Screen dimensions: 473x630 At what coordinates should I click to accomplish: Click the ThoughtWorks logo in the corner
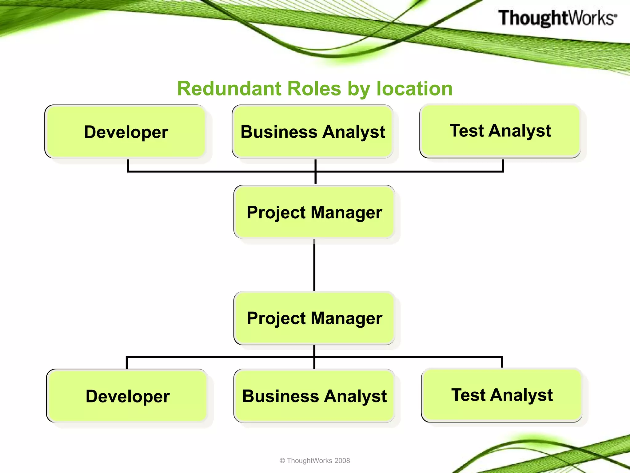coord(557,18)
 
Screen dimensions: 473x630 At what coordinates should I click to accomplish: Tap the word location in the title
coord(414,89)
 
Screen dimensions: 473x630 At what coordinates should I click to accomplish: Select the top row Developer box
coord(126,131)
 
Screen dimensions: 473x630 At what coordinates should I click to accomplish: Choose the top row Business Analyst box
coord(313,131)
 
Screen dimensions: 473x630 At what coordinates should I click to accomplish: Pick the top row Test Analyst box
coord(500,131)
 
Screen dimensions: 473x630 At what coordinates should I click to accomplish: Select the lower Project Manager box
coord(314,318)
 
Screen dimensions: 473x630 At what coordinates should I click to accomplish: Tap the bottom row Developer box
coord(127,396)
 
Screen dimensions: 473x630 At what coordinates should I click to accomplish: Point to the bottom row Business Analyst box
coord(314,396)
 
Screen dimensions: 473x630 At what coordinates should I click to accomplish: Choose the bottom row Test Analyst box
coord(502,395)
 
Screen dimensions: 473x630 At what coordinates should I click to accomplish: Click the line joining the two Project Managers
coord(314,265)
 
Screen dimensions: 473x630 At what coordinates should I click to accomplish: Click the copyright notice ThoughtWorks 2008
coord(315,460)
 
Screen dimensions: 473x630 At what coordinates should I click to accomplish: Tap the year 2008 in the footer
coord(342,460)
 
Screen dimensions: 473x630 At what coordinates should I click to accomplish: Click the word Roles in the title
coord(314,89)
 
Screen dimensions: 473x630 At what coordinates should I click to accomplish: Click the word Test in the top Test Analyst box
coord(467,131)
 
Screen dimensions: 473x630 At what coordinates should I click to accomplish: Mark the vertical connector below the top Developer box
coord(128,165)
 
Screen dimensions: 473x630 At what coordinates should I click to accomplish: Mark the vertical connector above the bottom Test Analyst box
coord(502,362)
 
